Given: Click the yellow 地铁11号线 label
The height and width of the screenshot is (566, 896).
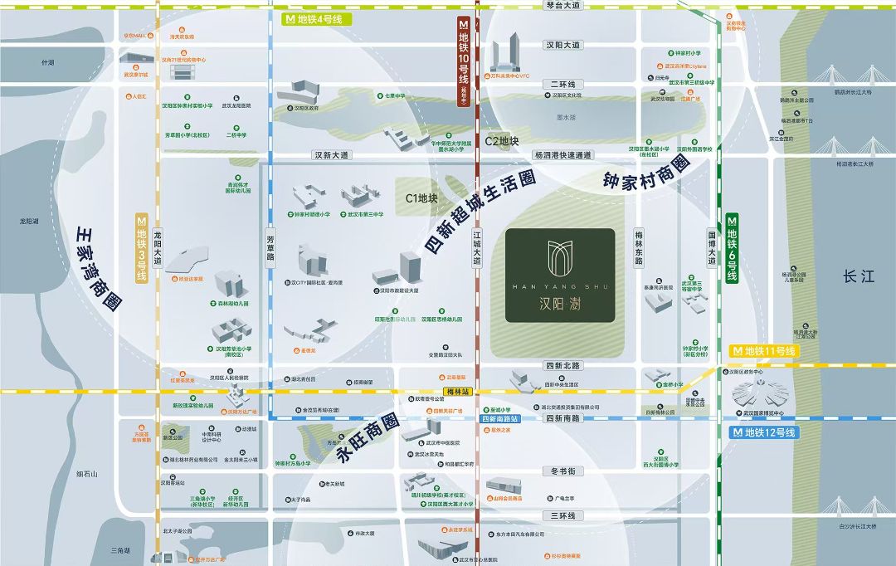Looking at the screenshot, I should click(x=762, y=352).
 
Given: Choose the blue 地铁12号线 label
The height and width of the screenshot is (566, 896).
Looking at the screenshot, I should click(x=762, y=432).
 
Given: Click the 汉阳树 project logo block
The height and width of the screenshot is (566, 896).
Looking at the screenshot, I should click(x=560, y=275).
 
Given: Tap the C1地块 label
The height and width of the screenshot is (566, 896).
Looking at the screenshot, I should click(x=421, y=199).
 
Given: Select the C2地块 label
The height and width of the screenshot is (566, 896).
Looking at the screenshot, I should click(x=502, y=142).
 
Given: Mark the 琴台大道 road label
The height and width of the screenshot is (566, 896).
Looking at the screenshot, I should click(x=563, y=6).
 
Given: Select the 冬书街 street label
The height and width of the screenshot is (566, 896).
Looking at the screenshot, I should click(x=563, y=471).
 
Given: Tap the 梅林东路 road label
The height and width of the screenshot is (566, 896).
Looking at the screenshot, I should click(x=639, y=248).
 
